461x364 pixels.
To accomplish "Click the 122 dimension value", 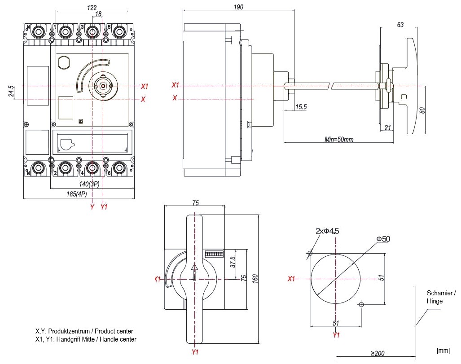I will pos(92,8).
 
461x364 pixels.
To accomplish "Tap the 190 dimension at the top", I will pos(238,7).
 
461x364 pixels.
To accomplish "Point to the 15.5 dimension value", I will pos(301,107).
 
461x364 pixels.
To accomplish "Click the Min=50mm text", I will pos(339,139).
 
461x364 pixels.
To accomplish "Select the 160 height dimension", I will pos(255,279).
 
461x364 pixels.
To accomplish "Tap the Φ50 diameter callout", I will pos(383,239).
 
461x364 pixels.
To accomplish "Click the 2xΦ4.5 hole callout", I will pos(327,231).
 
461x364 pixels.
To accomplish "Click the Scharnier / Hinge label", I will pos(441,297).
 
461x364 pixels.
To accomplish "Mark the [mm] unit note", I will pos(443,350).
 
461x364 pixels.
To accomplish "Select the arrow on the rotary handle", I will pos(194,272).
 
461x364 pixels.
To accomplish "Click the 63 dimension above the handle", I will pos(400,25).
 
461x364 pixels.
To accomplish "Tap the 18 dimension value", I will pos(98,14).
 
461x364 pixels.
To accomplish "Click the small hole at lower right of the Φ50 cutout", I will pos(361,305).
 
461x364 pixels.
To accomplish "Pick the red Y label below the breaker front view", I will pos(92,207).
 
